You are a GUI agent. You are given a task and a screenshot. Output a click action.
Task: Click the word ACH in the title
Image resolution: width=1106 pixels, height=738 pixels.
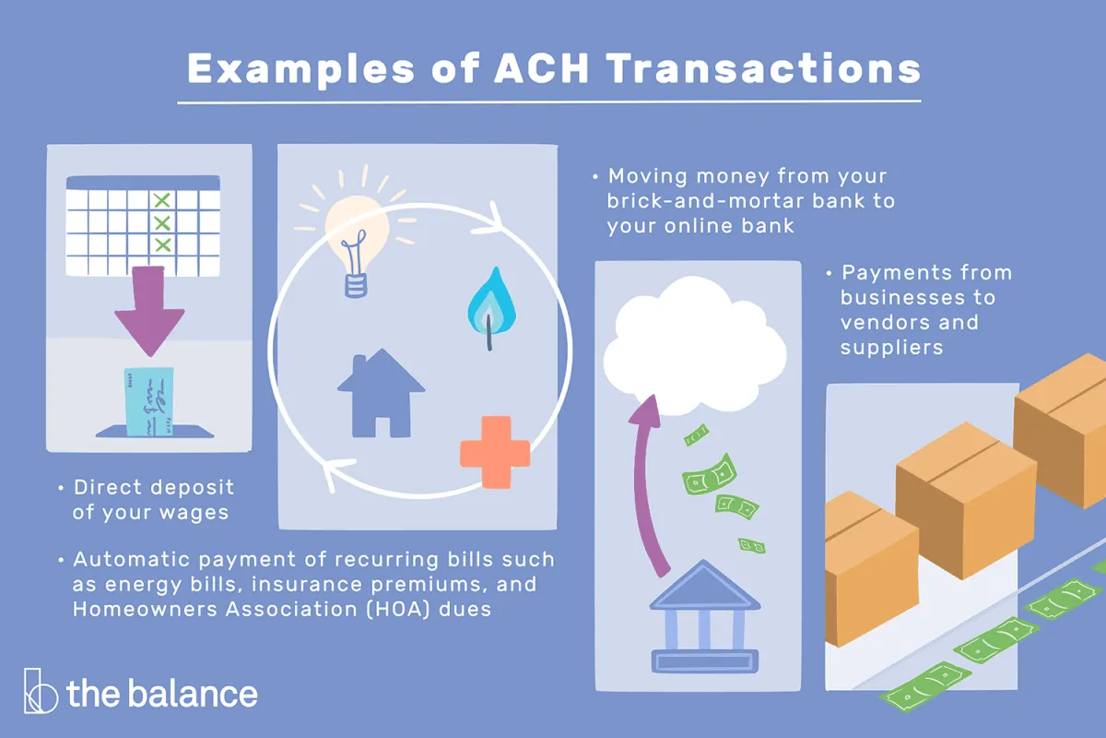pyautogui.click(x=542, y=68)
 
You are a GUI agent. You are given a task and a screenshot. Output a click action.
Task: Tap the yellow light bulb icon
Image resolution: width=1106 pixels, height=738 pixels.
pyautogui.click(x=357, y=232)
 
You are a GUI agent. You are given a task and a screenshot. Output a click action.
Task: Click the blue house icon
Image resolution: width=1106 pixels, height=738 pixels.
pyautogui.click(x=381, y=394)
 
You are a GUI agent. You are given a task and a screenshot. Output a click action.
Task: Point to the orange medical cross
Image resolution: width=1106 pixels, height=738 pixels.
pyautogui.click(x=495, y=452)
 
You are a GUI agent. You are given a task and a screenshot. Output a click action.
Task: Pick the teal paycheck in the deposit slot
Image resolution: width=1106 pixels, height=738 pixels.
pyautogui.click(x=149, y=401)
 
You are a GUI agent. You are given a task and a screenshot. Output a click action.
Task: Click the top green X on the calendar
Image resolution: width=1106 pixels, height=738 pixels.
pyautogui.click(x=162, y=201)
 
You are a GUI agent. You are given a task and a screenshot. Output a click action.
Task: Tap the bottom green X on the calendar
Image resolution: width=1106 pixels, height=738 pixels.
pyautogui.click(x=163, y=244)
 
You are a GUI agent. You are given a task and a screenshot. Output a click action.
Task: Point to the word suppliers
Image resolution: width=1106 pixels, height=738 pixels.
pyautogui.click(x=892, y=348)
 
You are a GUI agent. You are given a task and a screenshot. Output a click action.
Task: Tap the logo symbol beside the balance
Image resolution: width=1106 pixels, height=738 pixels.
pyautogui.click(x=41, y=691)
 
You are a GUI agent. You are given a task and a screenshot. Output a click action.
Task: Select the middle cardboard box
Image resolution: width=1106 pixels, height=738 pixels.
pyautogui.click(x=966, y=500)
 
